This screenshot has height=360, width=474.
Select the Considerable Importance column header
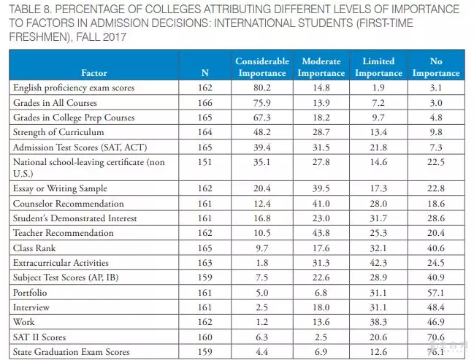click(262, 67)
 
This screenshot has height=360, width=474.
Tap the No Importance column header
click(436, 67)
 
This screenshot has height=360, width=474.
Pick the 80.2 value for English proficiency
click(262, 88)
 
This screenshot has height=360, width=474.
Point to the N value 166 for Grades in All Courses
click(205, 103)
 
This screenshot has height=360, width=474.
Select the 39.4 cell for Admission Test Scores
click(262, 147)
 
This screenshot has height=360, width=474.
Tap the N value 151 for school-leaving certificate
click(205, 161)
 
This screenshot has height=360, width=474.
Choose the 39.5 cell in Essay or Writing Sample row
click(321, 188)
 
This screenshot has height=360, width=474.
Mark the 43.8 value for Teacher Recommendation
click(321, 233)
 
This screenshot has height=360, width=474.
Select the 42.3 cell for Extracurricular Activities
click(378, 263)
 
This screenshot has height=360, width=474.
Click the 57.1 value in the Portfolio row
click(436, 293)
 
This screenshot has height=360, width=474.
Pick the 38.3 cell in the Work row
click(378, 322)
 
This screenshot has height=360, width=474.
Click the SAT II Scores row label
click(39, 337)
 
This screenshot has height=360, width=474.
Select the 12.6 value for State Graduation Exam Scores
click(378, 352)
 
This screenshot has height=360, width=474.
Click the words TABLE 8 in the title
click(28, 10)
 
